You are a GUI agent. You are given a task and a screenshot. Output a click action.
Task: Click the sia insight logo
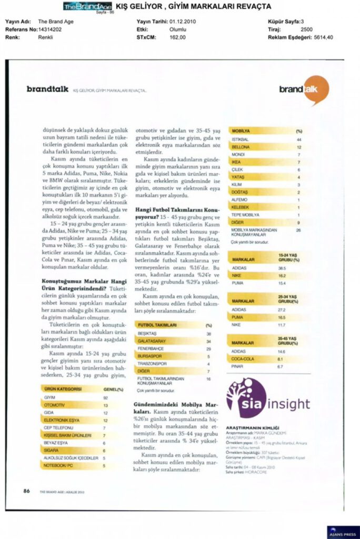pos(268,398)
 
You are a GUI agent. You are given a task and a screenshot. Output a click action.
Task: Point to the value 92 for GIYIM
pos(105,397)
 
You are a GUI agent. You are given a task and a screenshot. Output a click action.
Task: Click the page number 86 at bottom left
pos(26,491)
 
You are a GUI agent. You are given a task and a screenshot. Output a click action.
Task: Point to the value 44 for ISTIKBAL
pos(298,139)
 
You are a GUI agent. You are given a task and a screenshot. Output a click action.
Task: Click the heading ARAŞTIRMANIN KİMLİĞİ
pos(252,427)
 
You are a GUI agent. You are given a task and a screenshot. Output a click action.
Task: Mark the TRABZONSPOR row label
pos(153,364)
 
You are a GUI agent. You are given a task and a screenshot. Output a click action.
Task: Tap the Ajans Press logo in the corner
pos(343,532)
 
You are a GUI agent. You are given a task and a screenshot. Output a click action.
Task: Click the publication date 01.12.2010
pos(182,22)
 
